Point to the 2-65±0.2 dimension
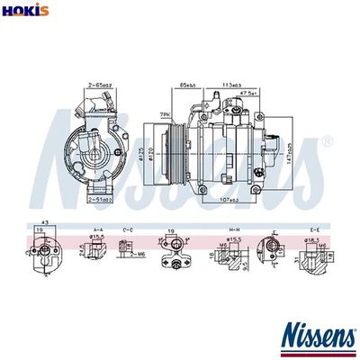coord(99,85)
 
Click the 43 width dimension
coord(43,222)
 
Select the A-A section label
coord(98,230)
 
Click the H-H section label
coord(234,230)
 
